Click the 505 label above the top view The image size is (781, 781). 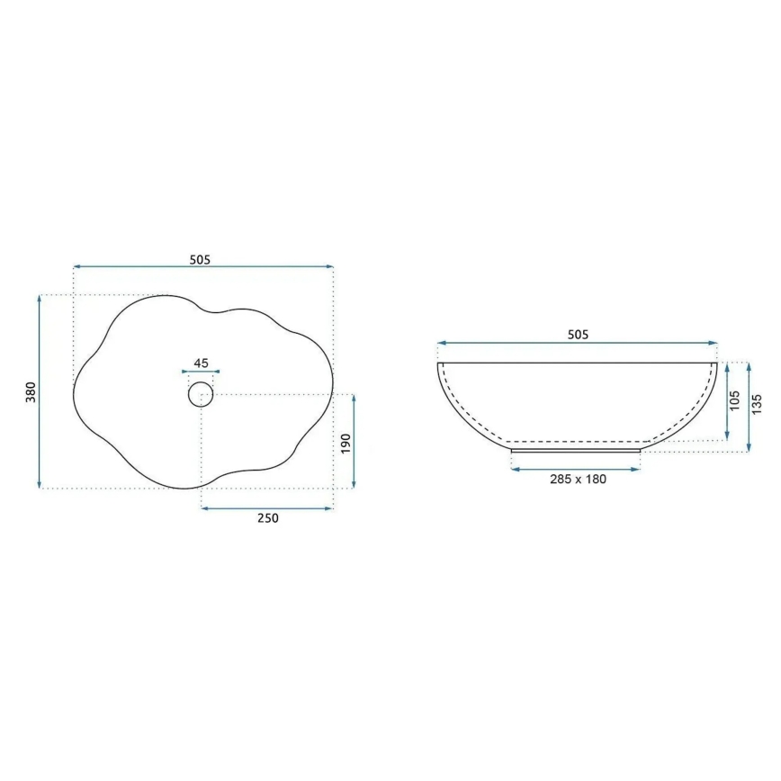200,260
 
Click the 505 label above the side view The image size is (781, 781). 578,335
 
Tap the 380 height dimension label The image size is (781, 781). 30,392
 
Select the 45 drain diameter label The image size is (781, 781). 201,364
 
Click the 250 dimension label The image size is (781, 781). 268,518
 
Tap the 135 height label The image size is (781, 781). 757,406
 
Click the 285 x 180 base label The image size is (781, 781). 577,480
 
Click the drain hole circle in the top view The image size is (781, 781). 200,394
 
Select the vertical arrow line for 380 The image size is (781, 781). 40,392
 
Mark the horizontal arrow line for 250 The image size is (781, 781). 267,508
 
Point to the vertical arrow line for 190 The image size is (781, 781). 355,442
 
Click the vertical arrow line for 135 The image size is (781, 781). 747,407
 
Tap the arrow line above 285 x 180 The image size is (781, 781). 576,469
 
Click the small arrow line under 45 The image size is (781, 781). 201,371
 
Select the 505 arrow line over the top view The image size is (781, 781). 203,267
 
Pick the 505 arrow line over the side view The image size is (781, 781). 578,343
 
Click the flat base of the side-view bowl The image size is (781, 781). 576,448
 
